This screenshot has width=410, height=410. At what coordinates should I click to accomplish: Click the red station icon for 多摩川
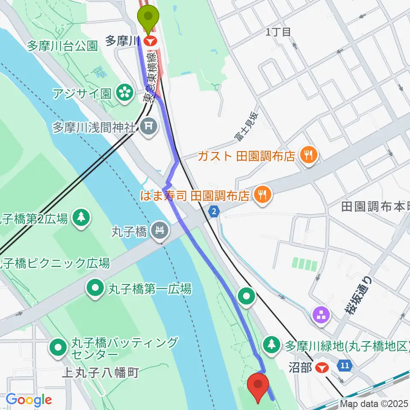(150, 41)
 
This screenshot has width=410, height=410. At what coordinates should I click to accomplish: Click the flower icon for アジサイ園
(124, 93)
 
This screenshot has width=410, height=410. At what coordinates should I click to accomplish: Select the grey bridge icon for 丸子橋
(160, 231)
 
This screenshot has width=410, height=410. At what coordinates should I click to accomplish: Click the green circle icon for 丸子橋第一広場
(95, 289)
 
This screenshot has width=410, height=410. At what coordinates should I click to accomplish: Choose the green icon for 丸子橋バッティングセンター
(58, 348)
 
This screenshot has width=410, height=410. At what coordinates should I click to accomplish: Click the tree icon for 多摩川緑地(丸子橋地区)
(272, 344)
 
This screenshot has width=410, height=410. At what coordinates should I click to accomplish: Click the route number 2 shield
(214, 211)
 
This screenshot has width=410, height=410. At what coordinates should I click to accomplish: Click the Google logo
(28, 400)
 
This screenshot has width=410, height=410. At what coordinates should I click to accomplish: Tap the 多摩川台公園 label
(63, 46)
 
